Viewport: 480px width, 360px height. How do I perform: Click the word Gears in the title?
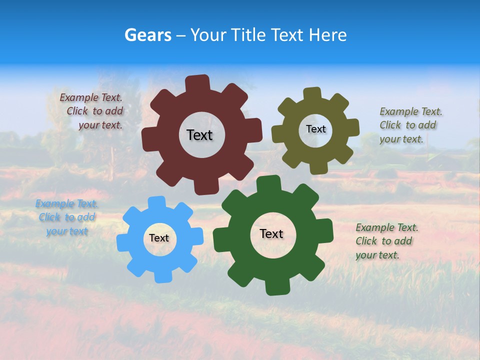click(x=147, y=35)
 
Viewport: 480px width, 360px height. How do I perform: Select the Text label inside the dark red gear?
click(x=199, y=135)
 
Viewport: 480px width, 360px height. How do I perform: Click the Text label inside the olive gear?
click(x=315, y=129)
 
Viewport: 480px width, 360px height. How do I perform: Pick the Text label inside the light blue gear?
click(x=158, y=238)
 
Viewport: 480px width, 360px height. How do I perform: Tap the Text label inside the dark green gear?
click(x=271, y=233)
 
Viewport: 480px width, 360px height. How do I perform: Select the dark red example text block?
click(x=93, y=111)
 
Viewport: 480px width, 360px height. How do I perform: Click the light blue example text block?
click(x=67, y=217)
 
